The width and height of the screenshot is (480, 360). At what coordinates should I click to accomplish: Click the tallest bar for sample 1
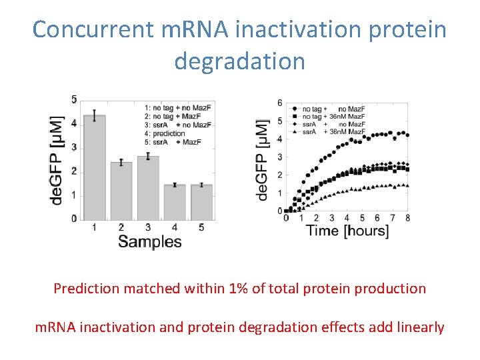[x=94, y=167]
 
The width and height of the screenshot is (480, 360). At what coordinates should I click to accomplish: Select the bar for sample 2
[x=121, y=191]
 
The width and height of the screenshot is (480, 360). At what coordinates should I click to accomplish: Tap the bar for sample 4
[x=174, y=202]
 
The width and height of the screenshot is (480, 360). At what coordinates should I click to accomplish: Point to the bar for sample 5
[x=201, y=202]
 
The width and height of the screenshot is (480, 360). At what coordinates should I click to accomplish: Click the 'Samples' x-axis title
[x=149, y=241]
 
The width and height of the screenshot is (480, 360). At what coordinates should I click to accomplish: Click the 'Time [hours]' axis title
[x=347, y=231]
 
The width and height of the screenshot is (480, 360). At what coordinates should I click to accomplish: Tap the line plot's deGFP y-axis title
[x=263, y=160]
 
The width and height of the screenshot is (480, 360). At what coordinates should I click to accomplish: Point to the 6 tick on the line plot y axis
[x=279, y=103]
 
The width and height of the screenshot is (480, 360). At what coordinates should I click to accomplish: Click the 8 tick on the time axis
[x=407, y=218]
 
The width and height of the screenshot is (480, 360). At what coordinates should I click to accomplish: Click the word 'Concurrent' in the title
[x=93, y=30]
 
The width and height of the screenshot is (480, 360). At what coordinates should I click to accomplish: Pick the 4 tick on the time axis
[x=347, y=218]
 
